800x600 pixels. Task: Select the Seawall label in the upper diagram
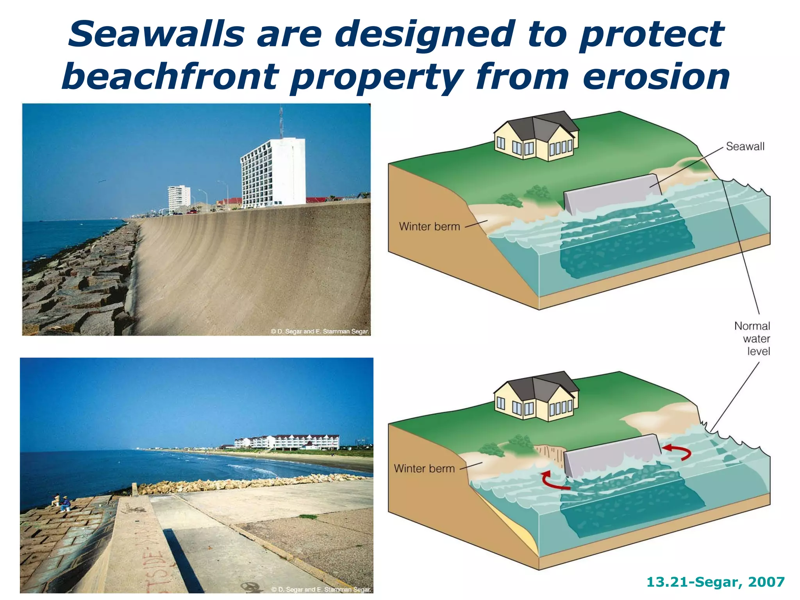pyautogui.click(x=745, y=146)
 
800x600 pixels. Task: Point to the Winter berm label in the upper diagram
pyautogui.click(x=429, y=226)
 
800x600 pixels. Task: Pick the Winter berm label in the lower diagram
pyautogui.click(x=424, y=468)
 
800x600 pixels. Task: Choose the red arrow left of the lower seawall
pyautogui.click(x=553, y=481)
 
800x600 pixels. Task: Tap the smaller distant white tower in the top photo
pyautogui.click(x=179, y=198)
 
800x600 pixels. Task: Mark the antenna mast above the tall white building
pyautogui.click(x=281, y=121)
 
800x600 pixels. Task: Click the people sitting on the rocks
pyautogui.click(x=61, y=503)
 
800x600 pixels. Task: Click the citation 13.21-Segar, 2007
pyautogui.click(x=715, y=582)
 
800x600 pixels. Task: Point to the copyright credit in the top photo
pyautogui.click(x=320, y=331)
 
